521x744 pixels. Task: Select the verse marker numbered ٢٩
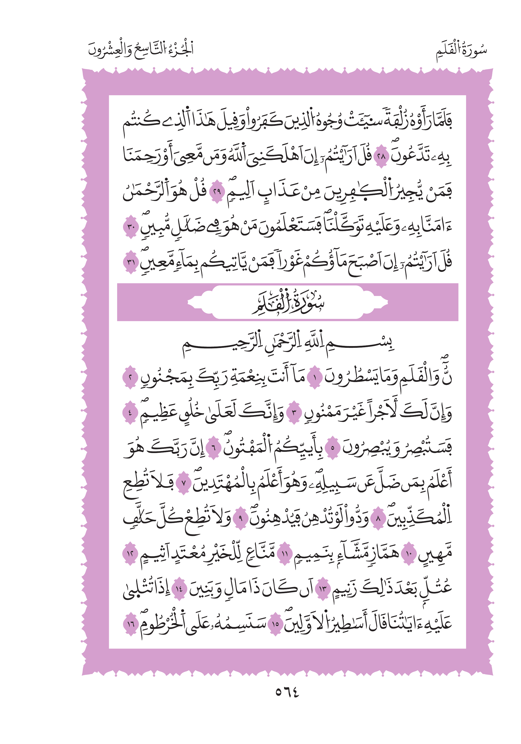217,192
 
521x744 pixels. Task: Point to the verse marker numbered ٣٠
131,227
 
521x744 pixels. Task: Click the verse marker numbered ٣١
131,262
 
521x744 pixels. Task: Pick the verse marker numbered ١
314,378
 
